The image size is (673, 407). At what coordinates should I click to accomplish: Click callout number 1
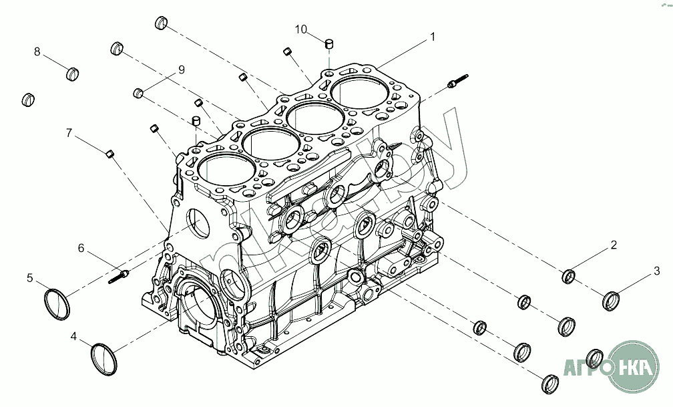coord(432,37)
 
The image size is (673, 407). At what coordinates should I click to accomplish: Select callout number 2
coord(612,245)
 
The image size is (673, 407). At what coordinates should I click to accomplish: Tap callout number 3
coord(656,271)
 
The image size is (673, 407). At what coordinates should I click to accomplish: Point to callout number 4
coord(73,337)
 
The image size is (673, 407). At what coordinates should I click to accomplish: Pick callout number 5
coord(30,277)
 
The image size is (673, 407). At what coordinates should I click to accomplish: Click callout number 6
coord(81,249)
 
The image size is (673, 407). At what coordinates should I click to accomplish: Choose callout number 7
coord(69,133)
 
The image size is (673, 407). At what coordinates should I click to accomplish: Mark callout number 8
coord(37,51)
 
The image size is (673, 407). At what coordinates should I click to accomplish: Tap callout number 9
coord(180,70)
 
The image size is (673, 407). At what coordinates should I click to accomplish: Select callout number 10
coord(301,29)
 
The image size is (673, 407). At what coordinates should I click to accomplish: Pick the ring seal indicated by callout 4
coord(103,358)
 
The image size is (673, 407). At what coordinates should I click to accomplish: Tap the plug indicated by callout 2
coord(569,276)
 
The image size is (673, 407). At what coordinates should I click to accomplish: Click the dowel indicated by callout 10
coord(328,44)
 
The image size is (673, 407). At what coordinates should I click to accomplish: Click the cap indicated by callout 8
coord(73,72)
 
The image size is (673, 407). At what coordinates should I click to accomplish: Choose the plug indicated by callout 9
coord(140,92)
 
